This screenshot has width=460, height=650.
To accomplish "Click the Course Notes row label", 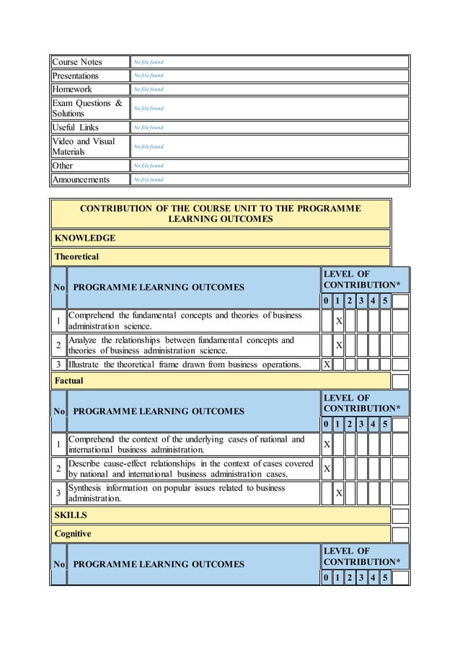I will [77, 62].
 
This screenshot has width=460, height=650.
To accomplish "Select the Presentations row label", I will [75, 76].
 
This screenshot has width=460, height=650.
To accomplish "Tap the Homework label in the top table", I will [72, 89].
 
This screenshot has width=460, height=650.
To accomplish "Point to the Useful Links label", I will [76, 128].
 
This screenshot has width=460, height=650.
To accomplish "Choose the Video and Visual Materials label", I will [84, 146].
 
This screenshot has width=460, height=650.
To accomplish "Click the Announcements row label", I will [81, 179].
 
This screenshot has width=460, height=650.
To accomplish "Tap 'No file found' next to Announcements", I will [148, 179].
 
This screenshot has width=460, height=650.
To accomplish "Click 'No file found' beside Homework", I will [148, 89].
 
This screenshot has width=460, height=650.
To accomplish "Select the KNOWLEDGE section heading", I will [85, 238].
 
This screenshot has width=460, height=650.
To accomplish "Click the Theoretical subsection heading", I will [77, 257].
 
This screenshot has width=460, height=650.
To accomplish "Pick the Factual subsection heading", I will [69, 380].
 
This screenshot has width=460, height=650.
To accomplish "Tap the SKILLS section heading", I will [71, 515].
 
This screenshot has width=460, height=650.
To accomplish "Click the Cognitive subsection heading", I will [73, 534].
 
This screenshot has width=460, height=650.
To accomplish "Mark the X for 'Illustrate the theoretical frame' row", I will [327, 365].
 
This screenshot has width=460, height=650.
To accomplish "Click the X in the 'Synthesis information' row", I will [339, 493].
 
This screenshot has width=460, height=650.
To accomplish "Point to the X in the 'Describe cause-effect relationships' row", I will [327, 469].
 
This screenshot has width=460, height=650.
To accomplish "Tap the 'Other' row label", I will [63, 166].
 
